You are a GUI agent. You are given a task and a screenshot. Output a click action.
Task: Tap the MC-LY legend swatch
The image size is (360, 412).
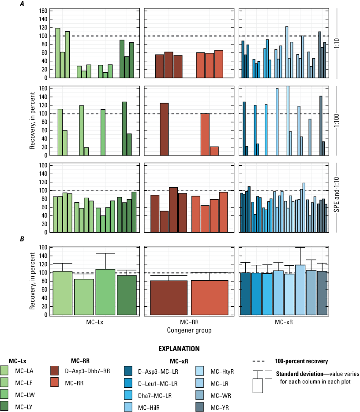click(8, 396)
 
